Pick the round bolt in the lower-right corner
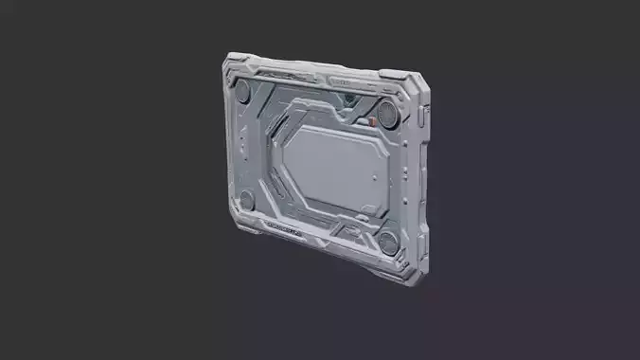388,242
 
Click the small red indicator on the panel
372,122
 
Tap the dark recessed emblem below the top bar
350,99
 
